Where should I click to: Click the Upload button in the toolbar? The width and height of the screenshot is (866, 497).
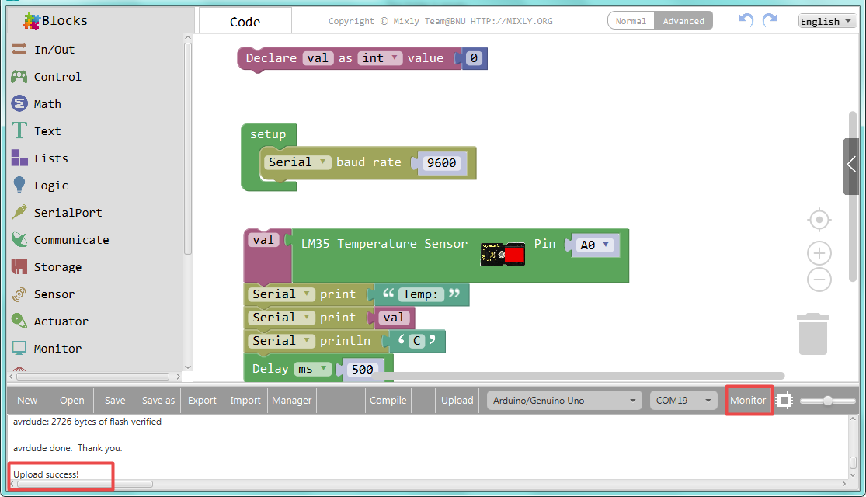[457, 401]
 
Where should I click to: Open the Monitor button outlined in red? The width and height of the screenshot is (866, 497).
[749, 401]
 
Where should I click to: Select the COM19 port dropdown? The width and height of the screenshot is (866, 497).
[683, 401]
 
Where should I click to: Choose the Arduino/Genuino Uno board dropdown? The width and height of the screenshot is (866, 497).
[564, 401]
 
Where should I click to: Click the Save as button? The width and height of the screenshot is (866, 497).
[158, 401]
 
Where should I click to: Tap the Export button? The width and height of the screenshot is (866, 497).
[202, 401]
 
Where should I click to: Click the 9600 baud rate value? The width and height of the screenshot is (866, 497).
[441, 163]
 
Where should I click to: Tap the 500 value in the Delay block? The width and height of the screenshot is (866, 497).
[362, 369]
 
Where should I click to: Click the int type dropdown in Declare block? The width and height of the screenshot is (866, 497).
[380, 58]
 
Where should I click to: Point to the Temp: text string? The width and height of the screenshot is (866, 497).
[420, 294]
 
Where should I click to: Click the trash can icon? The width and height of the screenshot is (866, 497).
[813, 334]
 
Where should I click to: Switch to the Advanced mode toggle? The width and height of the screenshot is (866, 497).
[683, 21]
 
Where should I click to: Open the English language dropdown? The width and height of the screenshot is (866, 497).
[826, 21]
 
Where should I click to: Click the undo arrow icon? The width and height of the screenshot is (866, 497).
[746, 20]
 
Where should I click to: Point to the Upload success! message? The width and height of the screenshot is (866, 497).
[46, 474]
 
